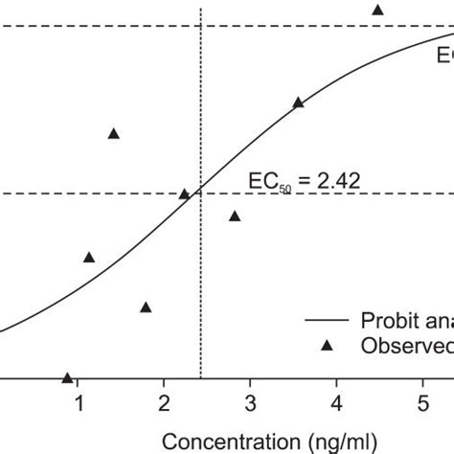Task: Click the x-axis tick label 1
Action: coord(78,400)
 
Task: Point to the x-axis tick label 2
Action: coord(164,400)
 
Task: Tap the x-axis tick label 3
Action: coord(250,400)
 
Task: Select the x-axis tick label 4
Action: coord(337,400)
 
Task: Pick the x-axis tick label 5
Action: coord(423,400)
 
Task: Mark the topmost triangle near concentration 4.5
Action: coord(377,10)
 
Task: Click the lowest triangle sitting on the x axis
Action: coord(67,378)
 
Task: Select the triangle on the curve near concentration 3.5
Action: coord(298,102)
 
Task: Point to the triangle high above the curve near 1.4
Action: coord(113,133)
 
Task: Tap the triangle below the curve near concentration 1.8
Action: coord(146,307)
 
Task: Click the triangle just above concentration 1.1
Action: coord(89,257)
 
